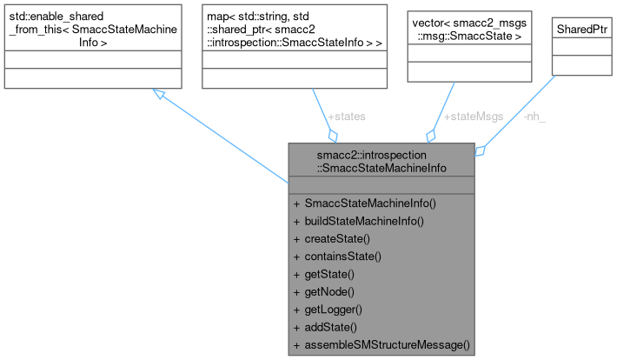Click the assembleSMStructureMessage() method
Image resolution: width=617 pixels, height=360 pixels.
click(x=381, y=345)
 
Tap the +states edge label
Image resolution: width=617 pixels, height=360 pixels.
click(x=346, y=116)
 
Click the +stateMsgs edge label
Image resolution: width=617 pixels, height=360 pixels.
click(x=473, y=116)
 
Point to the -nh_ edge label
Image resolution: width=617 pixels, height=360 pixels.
click(x=536, y=116)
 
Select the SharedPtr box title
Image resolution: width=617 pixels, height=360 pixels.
click(x=581, y=30)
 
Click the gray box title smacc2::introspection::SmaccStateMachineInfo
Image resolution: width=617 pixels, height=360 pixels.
click(x=381, y=161)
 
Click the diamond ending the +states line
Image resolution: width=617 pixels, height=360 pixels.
click(x=332, y=136)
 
